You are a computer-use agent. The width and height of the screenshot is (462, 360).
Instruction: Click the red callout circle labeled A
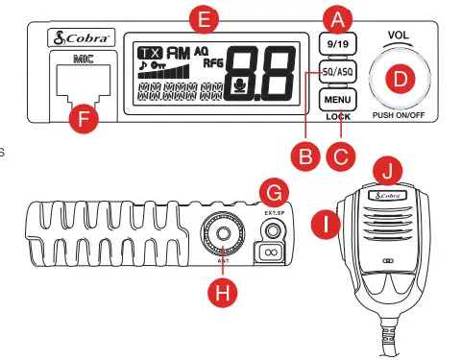click(x=335, y=17)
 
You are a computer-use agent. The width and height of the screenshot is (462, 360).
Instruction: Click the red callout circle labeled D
click(x=401, y=79)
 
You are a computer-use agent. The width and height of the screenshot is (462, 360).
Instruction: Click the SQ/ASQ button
click(x=335, y=71)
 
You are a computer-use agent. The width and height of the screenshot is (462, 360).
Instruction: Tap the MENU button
click(x=335, y=99)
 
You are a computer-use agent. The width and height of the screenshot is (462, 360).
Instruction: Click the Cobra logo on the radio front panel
click(x=81, y=38)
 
